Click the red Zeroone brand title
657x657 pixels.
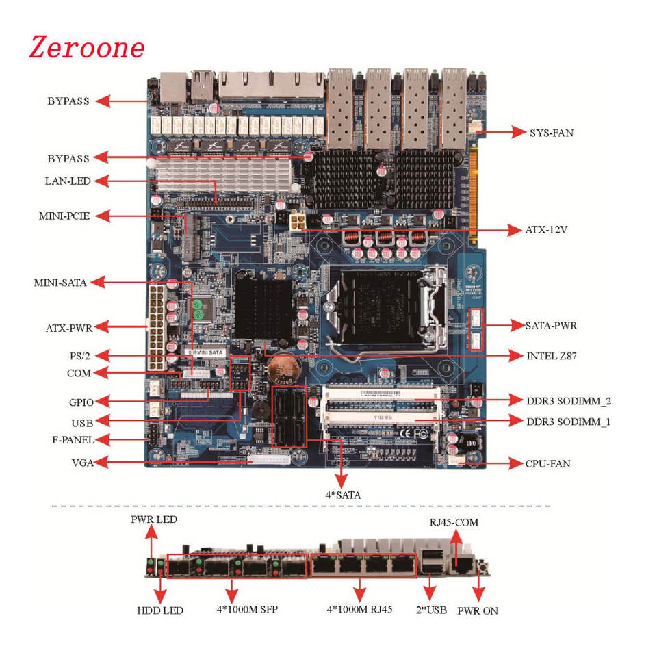pyautogui.click(x=87, y=48)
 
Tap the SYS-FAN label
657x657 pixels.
pyautogui.click(x=551, y=133)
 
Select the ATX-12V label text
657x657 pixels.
pyautogui.click(x=547, y=230)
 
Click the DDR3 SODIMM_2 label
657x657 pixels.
pyautogui.click(x=569, y=399)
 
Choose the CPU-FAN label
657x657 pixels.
pyautogui.click(x=547, y=464)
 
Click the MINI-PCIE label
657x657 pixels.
pyautogui.click(x=64, y=216)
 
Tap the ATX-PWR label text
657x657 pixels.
pyautogui.click(x=64, y=328)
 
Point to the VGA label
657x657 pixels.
pyautogui.click(x=81, y=463)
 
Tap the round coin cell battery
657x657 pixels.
pyautogui.click(x=281, y=370)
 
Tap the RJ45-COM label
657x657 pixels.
pyautogui.click(x=454, y=522)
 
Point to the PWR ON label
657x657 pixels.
pyautogui.click(x=478, y=610)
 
